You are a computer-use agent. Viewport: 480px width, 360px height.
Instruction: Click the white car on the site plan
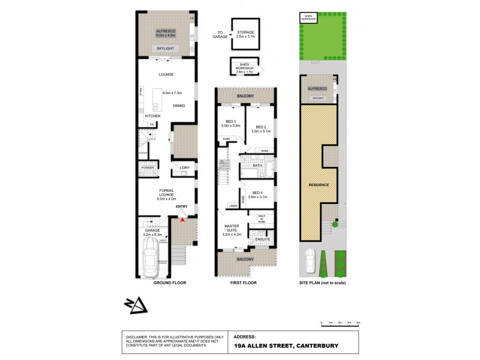pyautogui.click(x=310, y=260)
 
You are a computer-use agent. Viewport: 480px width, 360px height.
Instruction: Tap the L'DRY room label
pyautogui.click(x=184, y=167)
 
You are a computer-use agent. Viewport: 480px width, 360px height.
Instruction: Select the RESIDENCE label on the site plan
pyautogui.click(x=319, y=184)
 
